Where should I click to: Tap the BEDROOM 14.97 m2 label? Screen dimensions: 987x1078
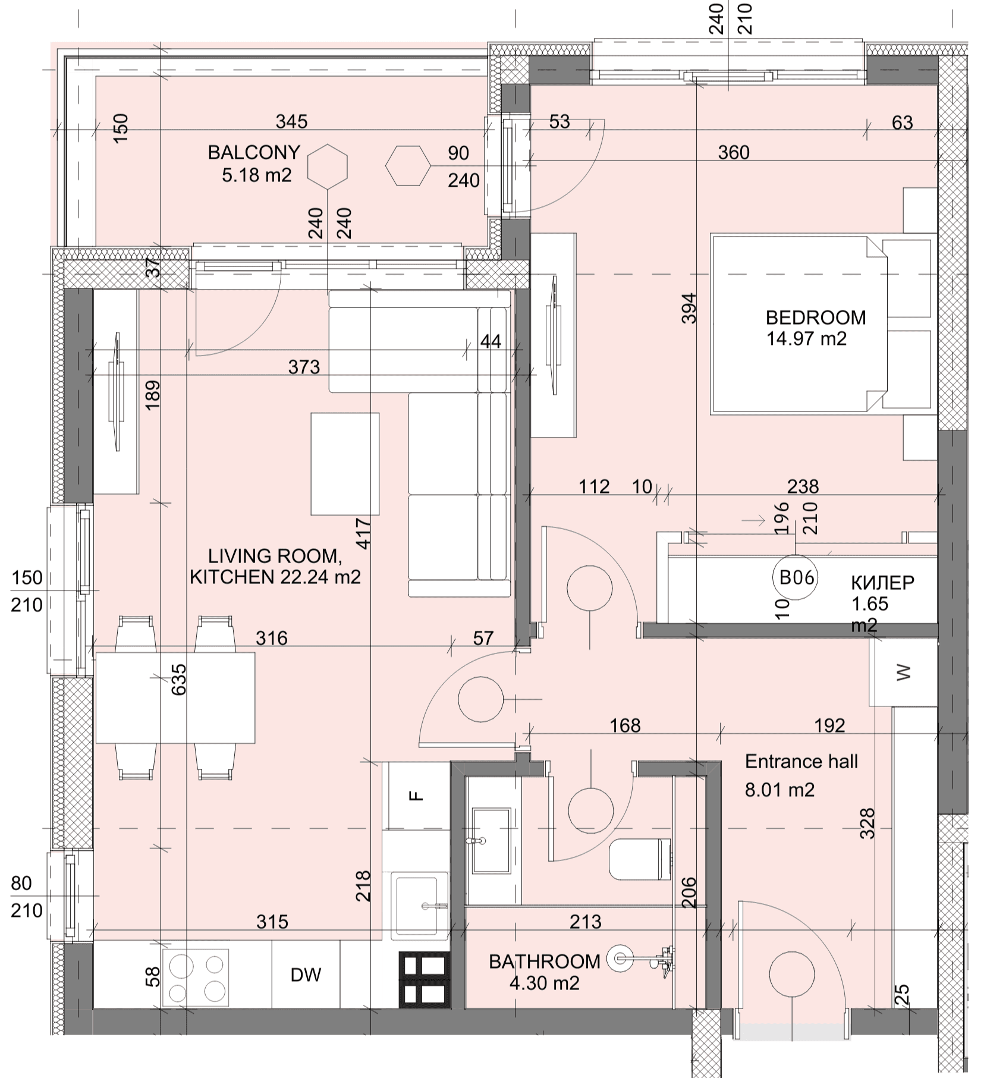click(815, 328)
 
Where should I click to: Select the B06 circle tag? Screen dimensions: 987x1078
click(796, 577)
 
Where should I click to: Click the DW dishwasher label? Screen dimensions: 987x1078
click(306, 975)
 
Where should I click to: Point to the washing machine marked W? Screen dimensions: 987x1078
click(903, 672)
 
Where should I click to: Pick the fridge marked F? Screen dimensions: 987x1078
click(416, 796)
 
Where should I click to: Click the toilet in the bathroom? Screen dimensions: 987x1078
click(640, 860)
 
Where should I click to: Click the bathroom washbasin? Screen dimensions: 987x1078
click(491, 840)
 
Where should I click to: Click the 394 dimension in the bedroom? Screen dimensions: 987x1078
click(689, 308)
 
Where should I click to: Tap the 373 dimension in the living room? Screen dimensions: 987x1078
click(304, 367)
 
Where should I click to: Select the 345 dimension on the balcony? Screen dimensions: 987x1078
click(292, 122)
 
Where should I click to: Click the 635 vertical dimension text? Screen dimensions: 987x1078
click(178, 679)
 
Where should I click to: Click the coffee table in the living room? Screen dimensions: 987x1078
click(345, 464)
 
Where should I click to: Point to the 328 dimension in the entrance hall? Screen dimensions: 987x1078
click(868, 823)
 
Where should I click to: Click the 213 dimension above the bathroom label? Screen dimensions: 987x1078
click(586, 922)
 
